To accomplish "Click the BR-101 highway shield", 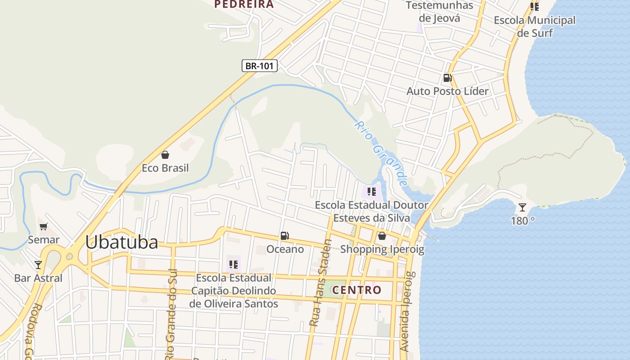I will coord(260,66).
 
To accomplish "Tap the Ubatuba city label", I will coord(121,243).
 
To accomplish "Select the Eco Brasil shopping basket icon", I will coord(165,155).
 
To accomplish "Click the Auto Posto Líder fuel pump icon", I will coord(447,78).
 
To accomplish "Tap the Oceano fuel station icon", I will coord(284,235).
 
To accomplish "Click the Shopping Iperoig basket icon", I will coord(382,235).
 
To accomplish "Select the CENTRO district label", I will coord(357,290).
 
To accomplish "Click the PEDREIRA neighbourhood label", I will coord(244,4).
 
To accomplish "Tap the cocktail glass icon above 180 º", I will coord(522,207).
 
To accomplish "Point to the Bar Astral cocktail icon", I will coord(38,265).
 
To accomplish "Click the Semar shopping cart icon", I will coord(43,226).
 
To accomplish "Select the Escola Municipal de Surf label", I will coord(535,26).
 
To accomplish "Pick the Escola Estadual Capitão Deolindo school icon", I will coord(233,264).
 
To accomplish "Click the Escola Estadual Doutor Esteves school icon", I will coord(371,192).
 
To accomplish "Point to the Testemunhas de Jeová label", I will coord(439,12).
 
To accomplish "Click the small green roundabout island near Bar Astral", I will coord(69,256).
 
